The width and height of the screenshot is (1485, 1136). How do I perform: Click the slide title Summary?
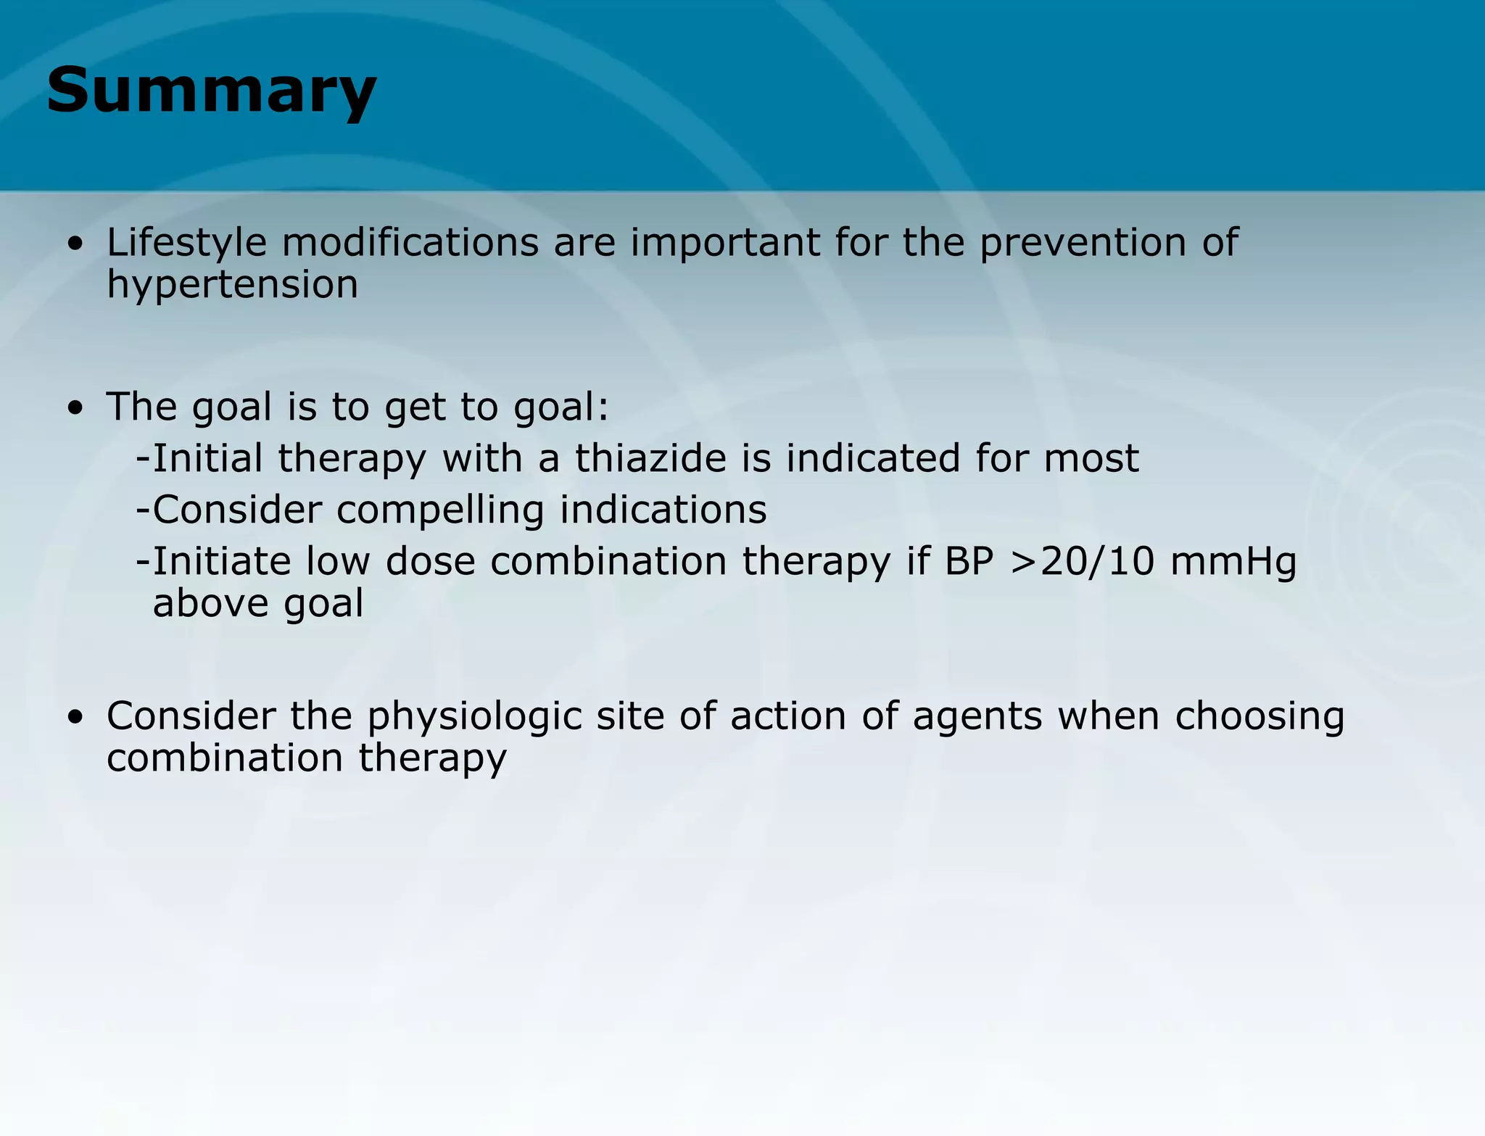pyautogui.click(x=211, y=91)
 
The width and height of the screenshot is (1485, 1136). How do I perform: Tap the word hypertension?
pyautogui.click(x=232, y=285)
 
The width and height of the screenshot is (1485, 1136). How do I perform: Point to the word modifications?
pyautogui.click(x=410, y=242)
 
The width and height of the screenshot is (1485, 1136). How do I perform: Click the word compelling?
pyautogui.click(x=440, y=510)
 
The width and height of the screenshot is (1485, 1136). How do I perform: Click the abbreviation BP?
pyautogui.click(x=968, y=562)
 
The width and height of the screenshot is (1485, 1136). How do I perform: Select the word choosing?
pyautogui.click(x=1259, y=716)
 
